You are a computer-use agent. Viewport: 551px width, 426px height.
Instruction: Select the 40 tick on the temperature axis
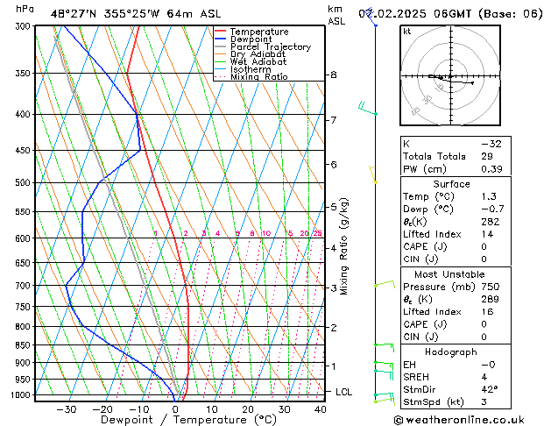click(x=319, y=408)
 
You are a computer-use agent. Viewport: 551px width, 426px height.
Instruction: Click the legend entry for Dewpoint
click(x=252, y=39)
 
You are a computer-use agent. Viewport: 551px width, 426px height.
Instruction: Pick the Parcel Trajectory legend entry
click(x=270, y=47)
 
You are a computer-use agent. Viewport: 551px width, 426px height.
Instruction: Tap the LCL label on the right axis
click(x=343, y=392)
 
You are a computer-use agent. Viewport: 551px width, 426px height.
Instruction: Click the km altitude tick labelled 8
click(x=334, y=75)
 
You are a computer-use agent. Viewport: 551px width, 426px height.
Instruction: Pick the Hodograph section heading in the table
click(x=451, y=351)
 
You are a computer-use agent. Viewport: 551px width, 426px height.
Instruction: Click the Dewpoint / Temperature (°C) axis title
click(x=176, y=421)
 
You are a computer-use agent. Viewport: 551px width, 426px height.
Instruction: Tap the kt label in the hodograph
click(x=406, y=32)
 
